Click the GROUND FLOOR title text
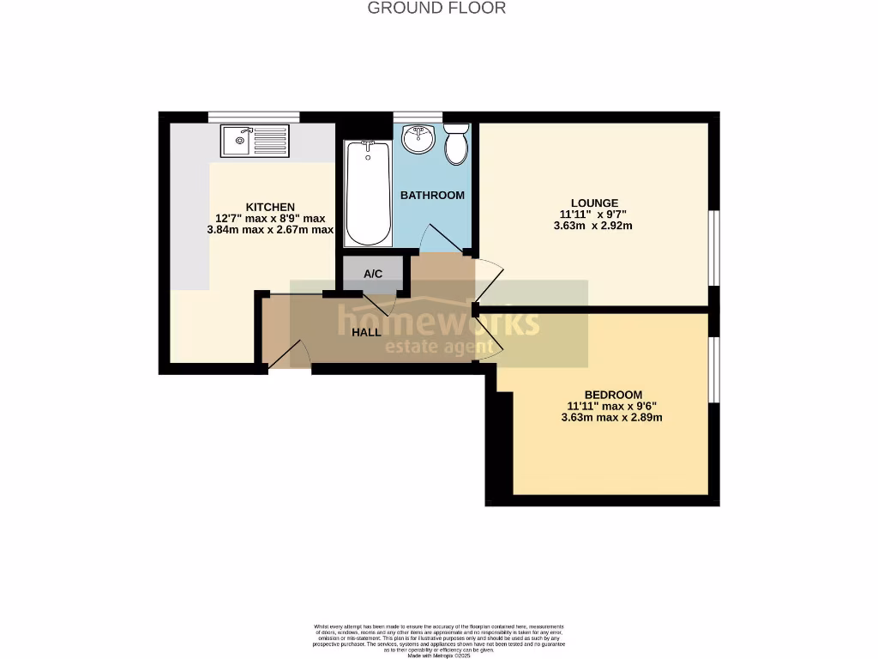436,9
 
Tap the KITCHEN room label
270,207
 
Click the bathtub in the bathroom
369,194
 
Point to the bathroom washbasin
419,137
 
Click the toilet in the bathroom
456,142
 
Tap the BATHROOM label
433,196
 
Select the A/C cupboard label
372,275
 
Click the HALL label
366,332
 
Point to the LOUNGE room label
595,203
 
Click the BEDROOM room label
613,395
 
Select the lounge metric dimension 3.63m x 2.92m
596,227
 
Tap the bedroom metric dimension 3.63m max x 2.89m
614,418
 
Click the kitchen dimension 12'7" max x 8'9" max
270,218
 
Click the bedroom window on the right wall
713,369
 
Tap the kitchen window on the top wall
254,117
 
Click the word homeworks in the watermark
438,322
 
